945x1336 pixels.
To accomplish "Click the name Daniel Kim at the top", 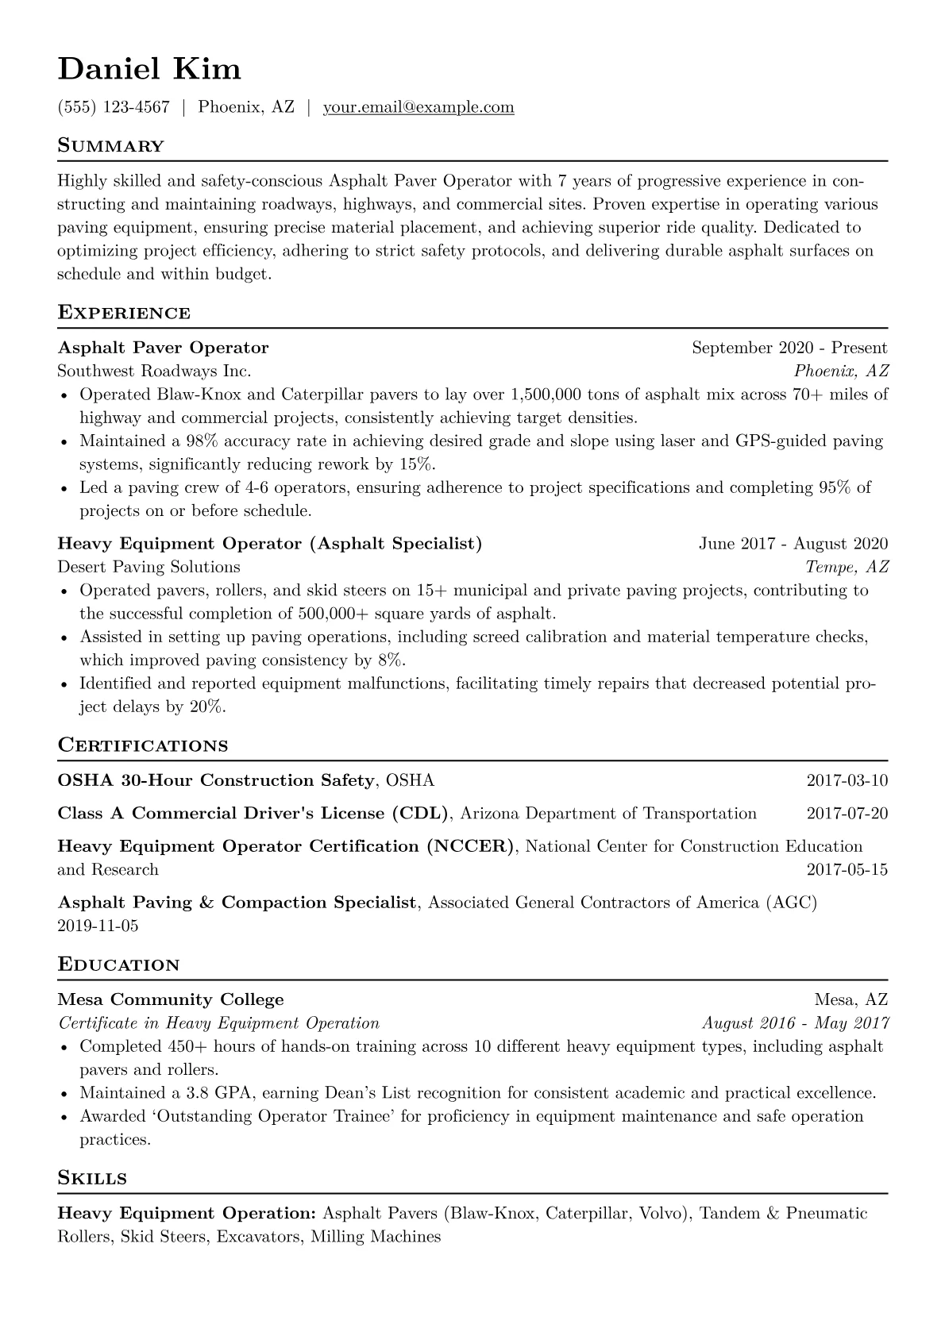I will [x=149, y=69].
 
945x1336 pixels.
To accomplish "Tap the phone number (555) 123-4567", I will [x=114, y=107].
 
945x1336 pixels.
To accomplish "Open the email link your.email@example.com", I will [x=418, y=107].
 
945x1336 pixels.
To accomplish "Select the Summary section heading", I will [x=110, y=146].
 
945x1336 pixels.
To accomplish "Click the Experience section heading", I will [x=124, y=313].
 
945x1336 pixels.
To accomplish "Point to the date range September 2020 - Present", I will [x=789, y=348].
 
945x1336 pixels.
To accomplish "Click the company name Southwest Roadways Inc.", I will [x=154, y=371].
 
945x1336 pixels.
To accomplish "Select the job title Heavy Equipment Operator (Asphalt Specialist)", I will [x=270, y=544].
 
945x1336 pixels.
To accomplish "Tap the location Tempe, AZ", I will [x=847, y=567].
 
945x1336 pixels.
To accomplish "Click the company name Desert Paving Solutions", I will [x=148, y=567].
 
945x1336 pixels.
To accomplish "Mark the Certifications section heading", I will [x=143, y=746].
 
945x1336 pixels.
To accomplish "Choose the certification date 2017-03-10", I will [x=847, y=780].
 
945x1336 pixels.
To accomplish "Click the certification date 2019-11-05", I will [x=98, y=926].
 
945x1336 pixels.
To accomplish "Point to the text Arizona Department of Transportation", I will [x=608, y=814].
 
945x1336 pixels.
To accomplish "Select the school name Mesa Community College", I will [x=171, y=1000].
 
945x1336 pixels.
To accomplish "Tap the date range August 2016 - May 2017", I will [x=795, y=1023].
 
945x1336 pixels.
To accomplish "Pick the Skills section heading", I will [x=92, y=1178].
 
